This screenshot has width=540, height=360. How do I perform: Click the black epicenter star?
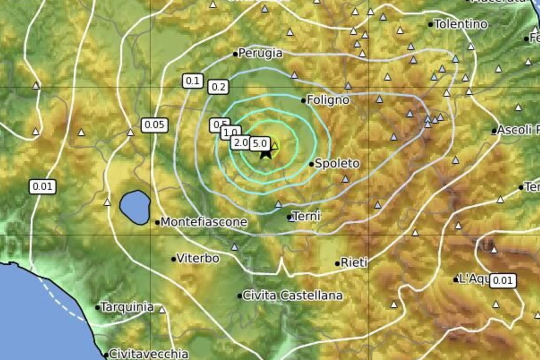tap(266, 153)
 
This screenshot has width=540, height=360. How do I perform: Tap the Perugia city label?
tap(260, 53)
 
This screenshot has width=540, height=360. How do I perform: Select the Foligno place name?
tap(328, 100)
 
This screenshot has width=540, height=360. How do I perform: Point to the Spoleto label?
tap(337, 163)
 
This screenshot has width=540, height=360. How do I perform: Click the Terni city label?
tap(306, 216)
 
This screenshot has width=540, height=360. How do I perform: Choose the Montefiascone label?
tap(204, 222)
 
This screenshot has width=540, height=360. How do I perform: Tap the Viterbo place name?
tap(198, 258)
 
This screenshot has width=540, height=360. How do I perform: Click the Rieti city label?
tap(354, 262)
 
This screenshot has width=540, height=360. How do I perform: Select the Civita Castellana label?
tap(292, 296)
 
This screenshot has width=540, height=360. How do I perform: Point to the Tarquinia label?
tap(127, 307)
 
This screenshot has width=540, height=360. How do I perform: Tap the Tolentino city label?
tap(461, 24)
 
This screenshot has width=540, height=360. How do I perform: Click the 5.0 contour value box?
tap(260, 143)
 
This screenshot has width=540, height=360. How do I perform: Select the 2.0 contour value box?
tap(240, 143)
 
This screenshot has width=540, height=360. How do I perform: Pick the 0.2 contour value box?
tap(218, 87)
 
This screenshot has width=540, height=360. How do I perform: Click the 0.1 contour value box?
tap(193, 81)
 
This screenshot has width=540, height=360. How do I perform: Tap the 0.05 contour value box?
tap(154, 125)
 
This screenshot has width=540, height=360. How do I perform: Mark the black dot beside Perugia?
tap(235, 54)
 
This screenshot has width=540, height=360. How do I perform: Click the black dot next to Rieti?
tap(337, 264)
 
